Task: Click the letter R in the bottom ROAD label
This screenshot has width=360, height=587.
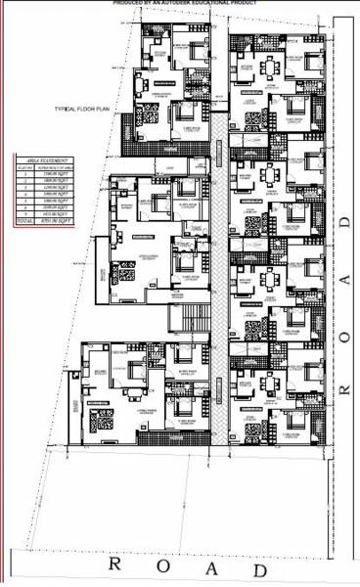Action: click(x=115, y=564)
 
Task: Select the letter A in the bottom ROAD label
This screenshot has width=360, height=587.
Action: click(x=211, y=567)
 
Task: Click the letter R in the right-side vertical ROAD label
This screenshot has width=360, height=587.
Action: click(x=345, y=388)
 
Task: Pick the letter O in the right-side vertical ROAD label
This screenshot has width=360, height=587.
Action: click(x=345, y=335)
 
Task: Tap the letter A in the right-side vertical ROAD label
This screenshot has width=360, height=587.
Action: click(x=345, y=280)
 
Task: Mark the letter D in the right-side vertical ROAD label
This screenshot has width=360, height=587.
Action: click(x=345, y=224)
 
